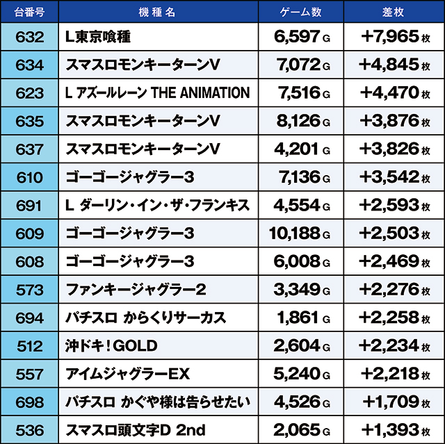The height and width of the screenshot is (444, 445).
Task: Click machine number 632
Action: point(29,36)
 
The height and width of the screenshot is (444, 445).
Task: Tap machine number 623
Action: point(29,92)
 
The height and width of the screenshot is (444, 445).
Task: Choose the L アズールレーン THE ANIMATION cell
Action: point(157,92)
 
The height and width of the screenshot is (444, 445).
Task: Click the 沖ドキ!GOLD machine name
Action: point(111,345)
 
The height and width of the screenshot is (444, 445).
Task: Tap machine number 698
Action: point(29,402)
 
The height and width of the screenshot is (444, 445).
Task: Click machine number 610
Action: point(29,176)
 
